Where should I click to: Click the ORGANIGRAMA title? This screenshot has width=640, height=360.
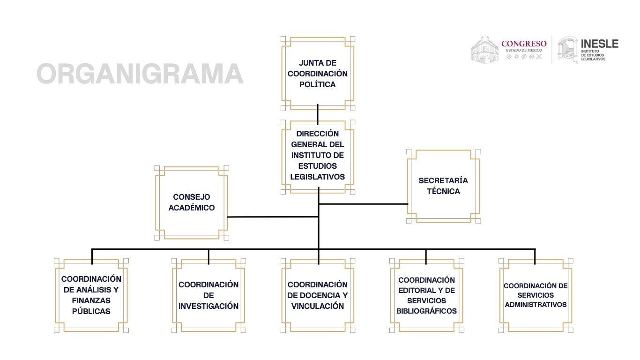[140, 74]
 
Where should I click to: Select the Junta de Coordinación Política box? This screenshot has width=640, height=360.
[318, 74]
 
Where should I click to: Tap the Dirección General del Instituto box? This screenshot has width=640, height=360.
[318, 155]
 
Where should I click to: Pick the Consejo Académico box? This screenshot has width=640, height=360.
[192, 202]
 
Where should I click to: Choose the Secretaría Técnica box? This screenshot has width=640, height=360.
[443, 186]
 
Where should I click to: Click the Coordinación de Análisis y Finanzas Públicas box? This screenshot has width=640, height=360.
[91, 295]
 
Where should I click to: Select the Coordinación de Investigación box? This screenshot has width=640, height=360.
[208, 295]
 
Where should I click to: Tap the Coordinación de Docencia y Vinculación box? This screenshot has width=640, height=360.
[318, 295]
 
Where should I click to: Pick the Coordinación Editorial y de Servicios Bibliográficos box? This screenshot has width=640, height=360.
[426, 295]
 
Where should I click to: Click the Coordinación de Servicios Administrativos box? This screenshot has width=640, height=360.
[536, 295]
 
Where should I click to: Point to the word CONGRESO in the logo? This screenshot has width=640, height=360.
[524, 44]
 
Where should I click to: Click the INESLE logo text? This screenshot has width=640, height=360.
[599, 44]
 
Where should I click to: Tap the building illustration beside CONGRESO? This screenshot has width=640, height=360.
[485, 49]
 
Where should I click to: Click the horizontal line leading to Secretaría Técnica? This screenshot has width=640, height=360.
[364, 204]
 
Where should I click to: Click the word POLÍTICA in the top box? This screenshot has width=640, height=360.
[318, 85]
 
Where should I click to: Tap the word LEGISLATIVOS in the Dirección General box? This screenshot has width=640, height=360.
[318, 177]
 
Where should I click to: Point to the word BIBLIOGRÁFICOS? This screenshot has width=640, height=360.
[426, 311]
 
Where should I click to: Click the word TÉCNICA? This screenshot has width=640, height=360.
[443, 191]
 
